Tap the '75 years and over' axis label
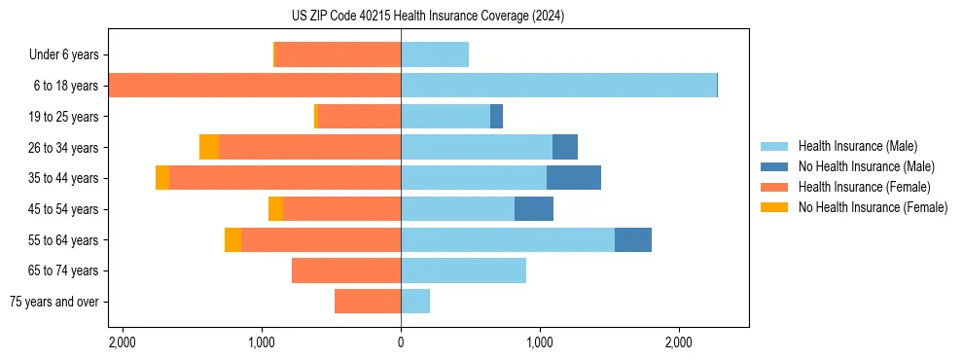[x=54, y=302]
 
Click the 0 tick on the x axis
[x=401, y=342]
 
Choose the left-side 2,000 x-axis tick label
[x=123, y=342]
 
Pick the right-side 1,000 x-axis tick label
[x=540, y=342]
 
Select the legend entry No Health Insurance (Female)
[x=873, y=207]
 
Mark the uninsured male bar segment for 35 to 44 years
[x=574, y=178]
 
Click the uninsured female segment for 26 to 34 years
[x=209, y=147]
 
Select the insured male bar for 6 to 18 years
[x=558, y=86]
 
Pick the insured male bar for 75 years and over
[x=415, y=302]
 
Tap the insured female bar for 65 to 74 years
[x=346, y=270]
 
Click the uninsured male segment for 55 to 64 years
[x=633, y=239]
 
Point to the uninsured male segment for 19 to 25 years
[x=496, y=117]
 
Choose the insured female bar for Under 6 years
[x=339, y=54]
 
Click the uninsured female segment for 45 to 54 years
[x=275, y=209]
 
